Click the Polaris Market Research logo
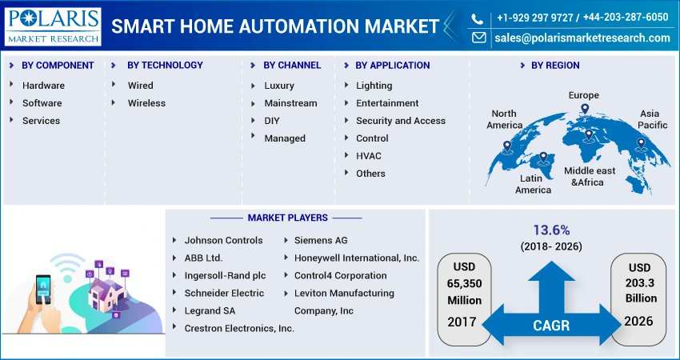(53, 26)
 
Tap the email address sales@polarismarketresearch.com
(582, 38)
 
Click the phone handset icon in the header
(478, 18)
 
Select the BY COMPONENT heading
(58, 66)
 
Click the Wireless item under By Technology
(146, 103)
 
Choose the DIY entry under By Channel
(272, 121)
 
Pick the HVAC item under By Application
(369, 156)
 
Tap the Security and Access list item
(401, 121)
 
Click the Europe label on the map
(583, 95)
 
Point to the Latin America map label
(533, 184)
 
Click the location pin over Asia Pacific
(640, 145)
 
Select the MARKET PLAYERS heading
(287, 218)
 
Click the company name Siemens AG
(321, 240)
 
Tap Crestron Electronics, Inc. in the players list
(239, 328)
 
